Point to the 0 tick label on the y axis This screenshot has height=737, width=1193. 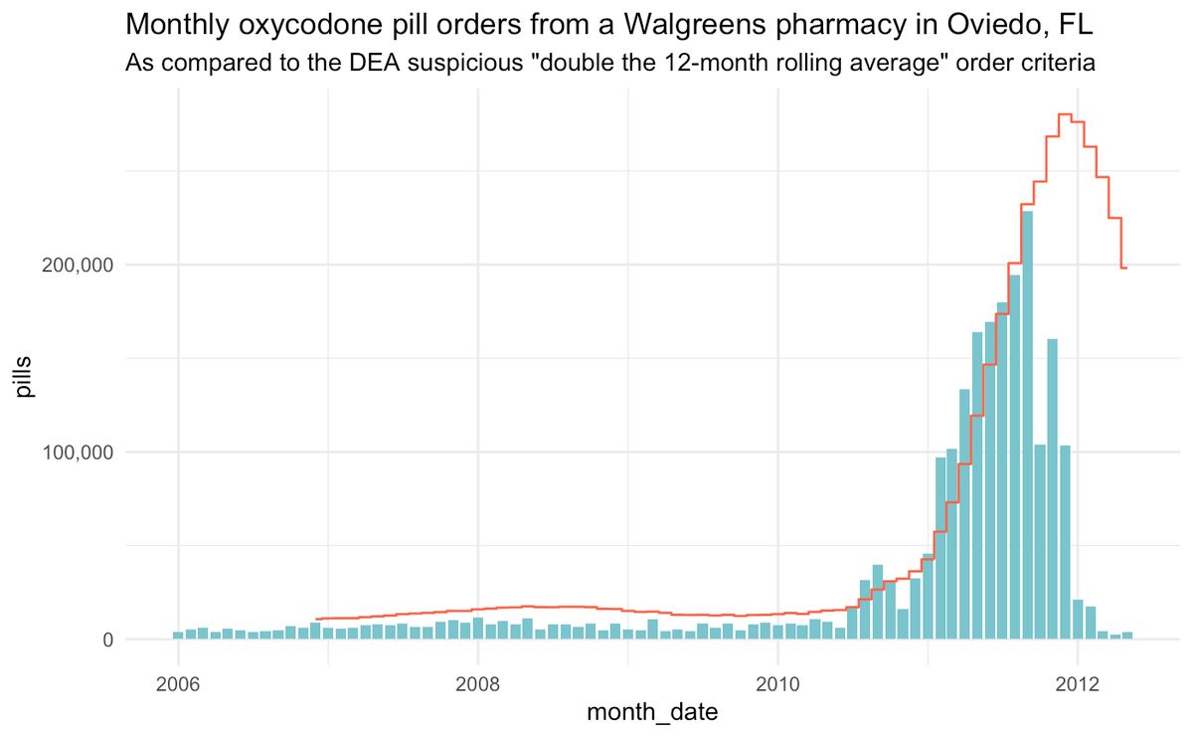106,641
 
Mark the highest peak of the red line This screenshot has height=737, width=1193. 1064,114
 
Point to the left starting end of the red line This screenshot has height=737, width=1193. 316,619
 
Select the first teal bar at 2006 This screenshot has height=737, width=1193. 178,636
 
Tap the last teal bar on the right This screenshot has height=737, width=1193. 1126,636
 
